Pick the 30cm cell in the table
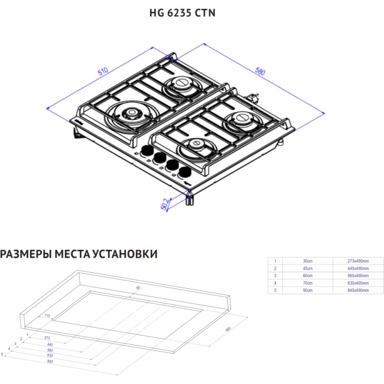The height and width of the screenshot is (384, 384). [x=307, y=261]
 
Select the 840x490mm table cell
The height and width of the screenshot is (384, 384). [x=357, y=291]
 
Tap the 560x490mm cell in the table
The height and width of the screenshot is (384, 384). [x=357, y=276]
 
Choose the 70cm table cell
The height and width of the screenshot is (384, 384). [x=307, y=283]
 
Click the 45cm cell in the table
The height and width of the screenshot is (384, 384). [x=307, y=268]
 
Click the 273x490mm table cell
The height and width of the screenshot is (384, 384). [x=357, y=261]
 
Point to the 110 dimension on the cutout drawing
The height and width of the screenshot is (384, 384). [x=46, y=315]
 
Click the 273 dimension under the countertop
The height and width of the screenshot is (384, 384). [x=47, y=338]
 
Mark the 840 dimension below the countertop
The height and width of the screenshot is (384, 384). [x=50, y=362]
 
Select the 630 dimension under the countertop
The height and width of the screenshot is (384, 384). [x=50, y=356]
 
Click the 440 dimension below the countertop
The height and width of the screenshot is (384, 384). [x=50, y=344]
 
